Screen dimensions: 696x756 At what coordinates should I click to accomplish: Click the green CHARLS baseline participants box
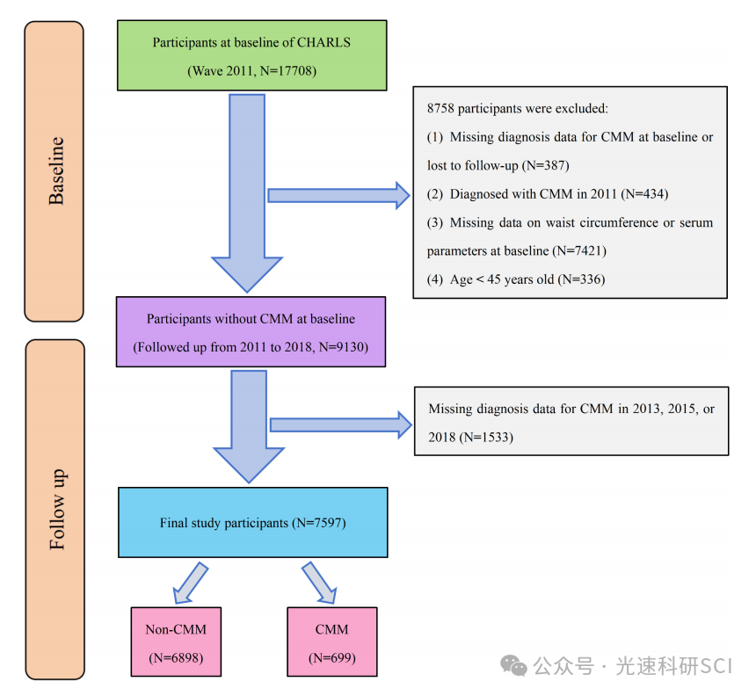click(251, 54)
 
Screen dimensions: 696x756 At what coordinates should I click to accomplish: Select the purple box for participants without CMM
click(251, 333)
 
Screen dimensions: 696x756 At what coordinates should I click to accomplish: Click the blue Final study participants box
click(252, 523)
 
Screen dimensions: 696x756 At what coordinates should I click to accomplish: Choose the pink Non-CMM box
click(176, 642)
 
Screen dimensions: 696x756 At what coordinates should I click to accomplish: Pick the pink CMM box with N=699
click(331, 642)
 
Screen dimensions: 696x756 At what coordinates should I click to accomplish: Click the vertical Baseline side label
click(55, 170)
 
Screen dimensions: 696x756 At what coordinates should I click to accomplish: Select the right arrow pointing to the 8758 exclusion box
click(338, 195)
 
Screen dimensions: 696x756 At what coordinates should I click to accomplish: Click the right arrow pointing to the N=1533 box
click(340, 425)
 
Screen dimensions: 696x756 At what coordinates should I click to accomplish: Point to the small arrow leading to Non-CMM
click(191, 584)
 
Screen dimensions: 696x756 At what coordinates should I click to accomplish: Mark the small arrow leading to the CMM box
click(319, 584)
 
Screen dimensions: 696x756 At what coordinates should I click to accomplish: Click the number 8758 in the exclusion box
click(442, 109)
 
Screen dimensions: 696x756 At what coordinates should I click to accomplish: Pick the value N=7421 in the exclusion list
click(579, 250)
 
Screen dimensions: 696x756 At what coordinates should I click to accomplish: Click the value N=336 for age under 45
click(580, 279)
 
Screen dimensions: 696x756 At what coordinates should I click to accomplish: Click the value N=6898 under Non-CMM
click(176, 657)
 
